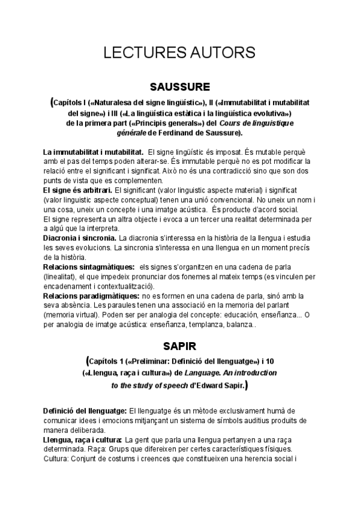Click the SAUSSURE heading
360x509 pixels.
179,85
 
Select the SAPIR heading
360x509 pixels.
180,346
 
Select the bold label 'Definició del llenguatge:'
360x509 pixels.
85,411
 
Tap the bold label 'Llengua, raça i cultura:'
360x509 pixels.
83,440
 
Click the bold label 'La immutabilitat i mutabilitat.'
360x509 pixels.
93,152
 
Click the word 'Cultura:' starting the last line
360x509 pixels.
58,459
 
